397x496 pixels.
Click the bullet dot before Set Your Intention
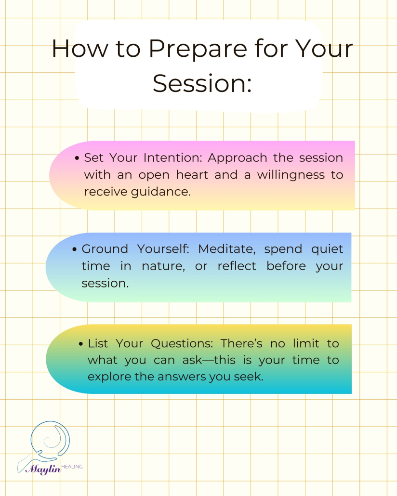(78, 158)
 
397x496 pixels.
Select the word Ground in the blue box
(105, 249)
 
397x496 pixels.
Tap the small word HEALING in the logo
(72, 466)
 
